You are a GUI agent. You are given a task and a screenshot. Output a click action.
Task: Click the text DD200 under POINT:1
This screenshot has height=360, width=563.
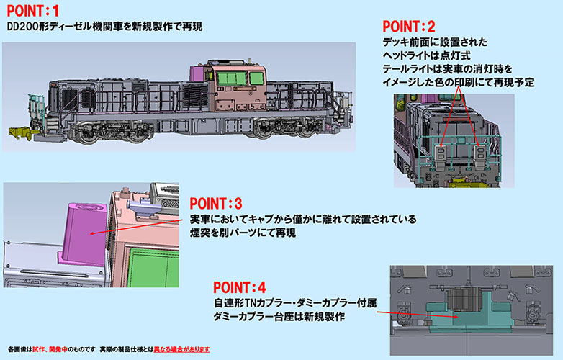(x=23, y=27)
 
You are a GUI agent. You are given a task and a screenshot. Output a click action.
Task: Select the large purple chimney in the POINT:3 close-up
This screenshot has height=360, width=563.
(x=84, y=230)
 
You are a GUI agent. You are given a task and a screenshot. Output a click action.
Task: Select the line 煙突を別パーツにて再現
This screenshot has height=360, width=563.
(x=243, y=234)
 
